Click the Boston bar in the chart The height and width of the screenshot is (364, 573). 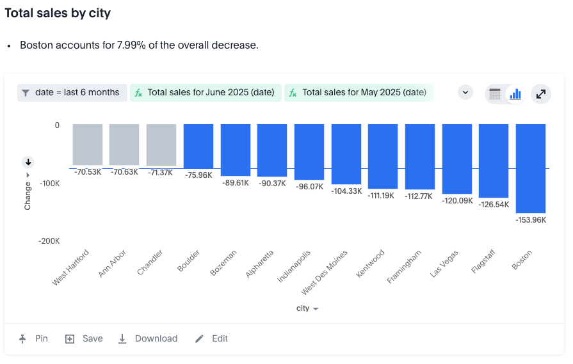[x=531, y=168]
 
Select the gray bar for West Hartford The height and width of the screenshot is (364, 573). [x=88, y=145]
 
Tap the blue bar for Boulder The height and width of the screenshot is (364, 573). [x=198, y=146]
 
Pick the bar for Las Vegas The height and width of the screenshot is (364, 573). [x=457, y=159]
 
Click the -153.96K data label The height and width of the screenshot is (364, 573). [x=531, y=220]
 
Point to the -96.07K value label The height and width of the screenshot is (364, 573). [x=309, y=187]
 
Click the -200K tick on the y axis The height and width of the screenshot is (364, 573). [x=49, y=241]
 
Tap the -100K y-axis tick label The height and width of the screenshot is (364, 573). [x=49, y=184]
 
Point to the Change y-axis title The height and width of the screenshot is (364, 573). [x=28, y=195]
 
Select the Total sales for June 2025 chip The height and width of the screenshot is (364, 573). [x=206, y=93]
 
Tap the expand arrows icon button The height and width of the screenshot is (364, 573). [x=541, y=94]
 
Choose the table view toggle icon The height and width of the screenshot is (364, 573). [x=495, y=94]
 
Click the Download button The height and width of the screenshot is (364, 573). [x=149, y=338]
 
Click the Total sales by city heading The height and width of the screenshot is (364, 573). [x=58, y=13]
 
